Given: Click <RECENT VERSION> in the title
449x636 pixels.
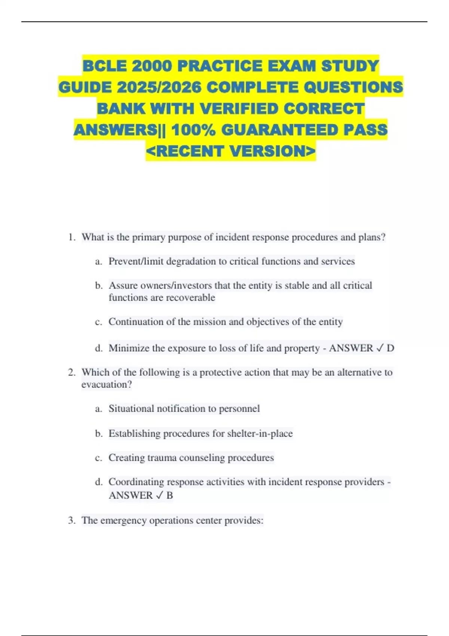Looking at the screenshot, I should (231, 151).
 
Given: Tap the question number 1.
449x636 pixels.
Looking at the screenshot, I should (71, 237).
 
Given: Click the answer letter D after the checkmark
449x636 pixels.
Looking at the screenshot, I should (390, 348).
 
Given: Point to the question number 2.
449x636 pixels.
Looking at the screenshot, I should (71, 372).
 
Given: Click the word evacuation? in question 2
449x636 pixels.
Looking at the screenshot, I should (107, 385).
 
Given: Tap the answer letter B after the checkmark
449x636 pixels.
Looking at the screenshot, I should (169, 495).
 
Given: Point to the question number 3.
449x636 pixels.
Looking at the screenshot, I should (71, 520).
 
